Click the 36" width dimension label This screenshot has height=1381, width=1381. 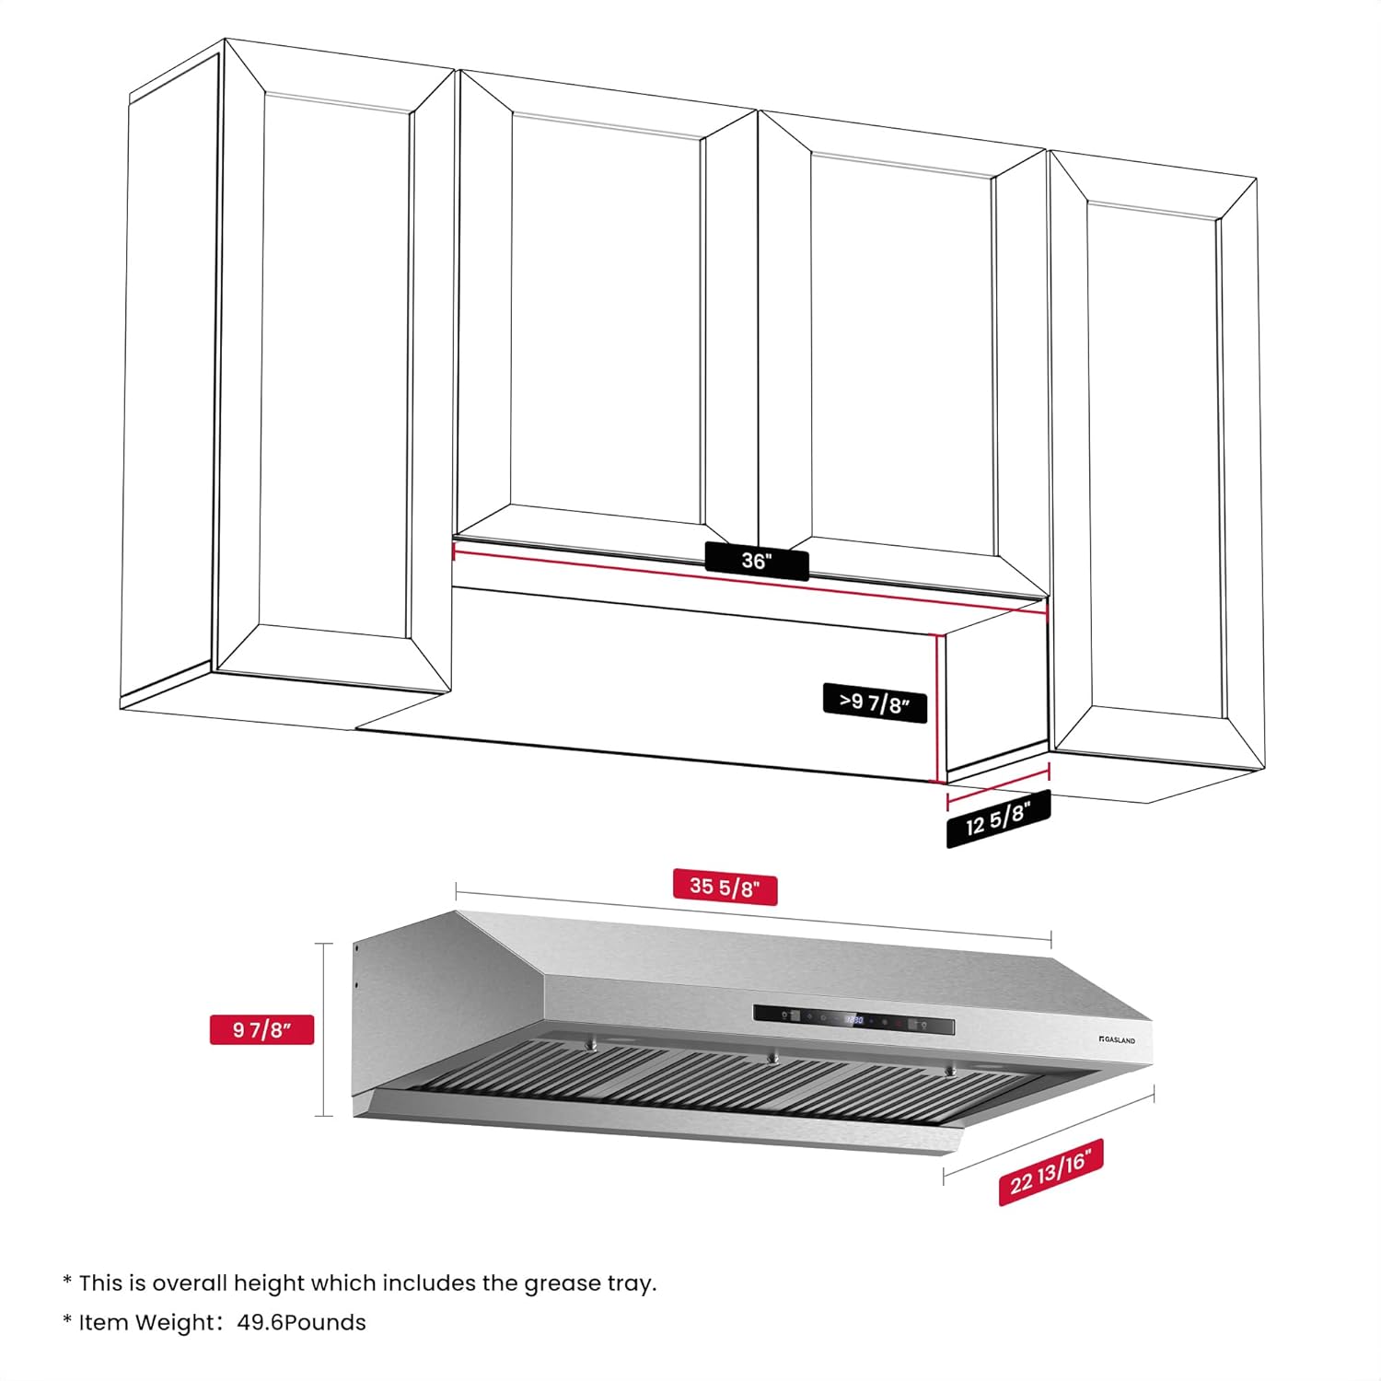point(757,561)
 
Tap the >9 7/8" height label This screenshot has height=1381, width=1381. point(875,703)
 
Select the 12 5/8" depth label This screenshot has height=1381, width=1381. point(998,818)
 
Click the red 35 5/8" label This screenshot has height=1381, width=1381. point(725,887)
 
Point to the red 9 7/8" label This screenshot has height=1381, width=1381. point(261,1029)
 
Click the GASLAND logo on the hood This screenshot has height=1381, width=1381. point(1118,1040)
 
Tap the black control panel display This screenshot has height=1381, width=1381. point(853,1020)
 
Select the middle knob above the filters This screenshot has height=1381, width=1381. point(773,1059)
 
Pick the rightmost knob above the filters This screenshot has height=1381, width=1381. point(950,1071)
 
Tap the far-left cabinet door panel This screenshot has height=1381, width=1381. point(336,368)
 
